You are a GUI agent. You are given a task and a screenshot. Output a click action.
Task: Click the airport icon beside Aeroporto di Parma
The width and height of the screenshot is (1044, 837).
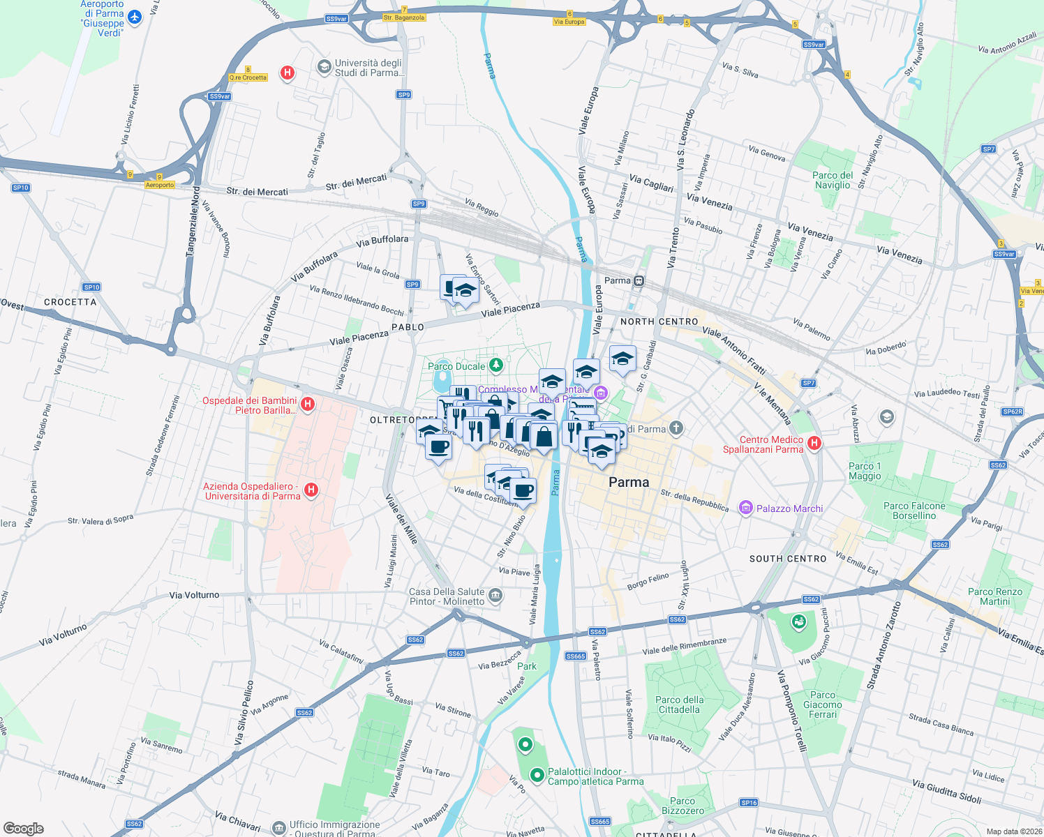pyautogui.click(x=135, y=17)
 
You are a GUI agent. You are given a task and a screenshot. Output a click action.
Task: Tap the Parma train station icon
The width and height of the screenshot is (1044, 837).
pyautogui.click(x=639, y=281)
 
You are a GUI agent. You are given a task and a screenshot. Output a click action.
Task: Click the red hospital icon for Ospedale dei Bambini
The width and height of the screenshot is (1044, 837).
pyautogui.click(x=308, y=405)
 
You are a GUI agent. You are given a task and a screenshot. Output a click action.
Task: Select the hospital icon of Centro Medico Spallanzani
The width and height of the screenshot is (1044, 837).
pyautogui.click(x=814, y=443)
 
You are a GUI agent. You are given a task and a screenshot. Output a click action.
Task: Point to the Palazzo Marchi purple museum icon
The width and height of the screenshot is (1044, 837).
pyautogui.click(x=745, y=508)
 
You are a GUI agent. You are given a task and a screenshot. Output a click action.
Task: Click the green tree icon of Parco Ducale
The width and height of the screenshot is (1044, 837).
pyautogui.click(x=495, y=365)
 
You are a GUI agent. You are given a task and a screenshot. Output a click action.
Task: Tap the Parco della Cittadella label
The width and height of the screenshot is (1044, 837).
pyautogui.click(x=679, y=704)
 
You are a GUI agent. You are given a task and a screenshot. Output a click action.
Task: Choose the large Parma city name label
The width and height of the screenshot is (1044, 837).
pyautogui.click(x=629, y=482)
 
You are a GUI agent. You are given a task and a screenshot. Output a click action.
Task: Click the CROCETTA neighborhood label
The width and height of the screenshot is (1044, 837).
pyautogui.click(x=70, y=302)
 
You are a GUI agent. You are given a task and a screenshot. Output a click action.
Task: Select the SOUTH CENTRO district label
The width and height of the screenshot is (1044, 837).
pyautogui.click(x=788, y=559)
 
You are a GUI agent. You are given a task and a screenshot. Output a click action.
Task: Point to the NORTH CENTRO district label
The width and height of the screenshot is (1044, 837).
pyautogui.click(x=659, y=322)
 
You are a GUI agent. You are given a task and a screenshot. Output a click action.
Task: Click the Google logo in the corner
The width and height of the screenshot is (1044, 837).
pyautogui.click(x=24, y=828)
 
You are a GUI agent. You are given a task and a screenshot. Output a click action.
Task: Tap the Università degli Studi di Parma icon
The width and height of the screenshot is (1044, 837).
pyautogui.click(x=324, y=67)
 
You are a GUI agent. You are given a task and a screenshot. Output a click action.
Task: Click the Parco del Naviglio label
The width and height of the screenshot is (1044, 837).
pyautogui.click(x=833, y=180)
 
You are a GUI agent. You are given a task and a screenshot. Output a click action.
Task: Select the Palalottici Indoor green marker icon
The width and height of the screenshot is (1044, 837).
pyautogui.click(x=537, y=775)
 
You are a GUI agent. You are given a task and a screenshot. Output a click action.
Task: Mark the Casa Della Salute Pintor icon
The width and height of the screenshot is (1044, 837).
pyautogui.click(x=495, y=595)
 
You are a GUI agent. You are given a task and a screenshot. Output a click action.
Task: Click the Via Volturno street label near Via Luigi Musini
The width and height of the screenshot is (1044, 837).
pyautogui.click(x=194, y=595)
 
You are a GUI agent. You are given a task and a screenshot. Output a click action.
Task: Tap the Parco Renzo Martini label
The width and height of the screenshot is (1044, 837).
pyautogui.click(x=994, y=596)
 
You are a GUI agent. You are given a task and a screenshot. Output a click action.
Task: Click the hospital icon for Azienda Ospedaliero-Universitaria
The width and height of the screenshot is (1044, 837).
pyautogui.click(x=311, y=490)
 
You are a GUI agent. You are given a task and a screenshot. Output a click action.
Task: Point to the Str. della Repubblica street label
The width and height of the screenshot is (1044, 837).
pyautogui.click(x=694, y=500)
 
